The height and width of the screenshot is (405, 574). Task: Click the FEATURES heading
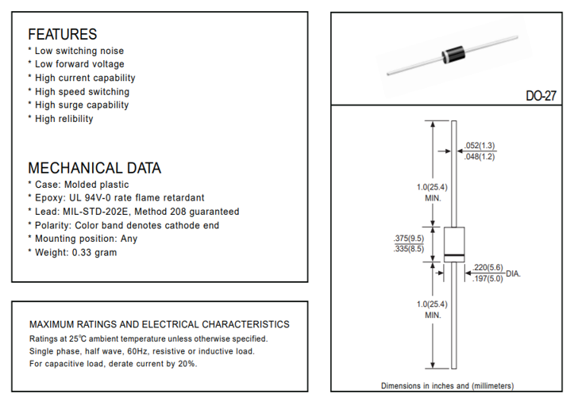63,34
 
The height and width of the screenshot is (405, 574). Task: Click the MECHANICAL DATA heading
94,168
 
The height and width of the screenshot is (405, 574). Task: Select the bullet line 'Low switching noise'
79,51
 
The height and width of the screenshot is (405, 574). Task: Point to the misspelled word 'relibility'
75,119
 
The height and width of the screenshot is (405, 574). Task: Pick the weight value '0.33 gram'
94,252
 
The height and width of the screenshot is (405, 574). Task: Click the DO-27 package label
541,95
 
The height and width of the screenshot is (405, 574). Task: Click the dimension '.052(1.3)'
480,145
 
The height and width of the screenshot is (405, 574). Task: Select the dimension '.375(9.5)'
408,238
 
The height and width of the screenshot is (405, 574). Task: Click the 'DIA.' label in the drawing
513,273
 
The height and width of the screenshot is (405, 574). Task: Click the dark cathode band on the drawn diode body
453,254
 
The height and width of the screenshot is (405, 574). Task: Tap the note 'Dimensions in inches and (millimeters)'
447,386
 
